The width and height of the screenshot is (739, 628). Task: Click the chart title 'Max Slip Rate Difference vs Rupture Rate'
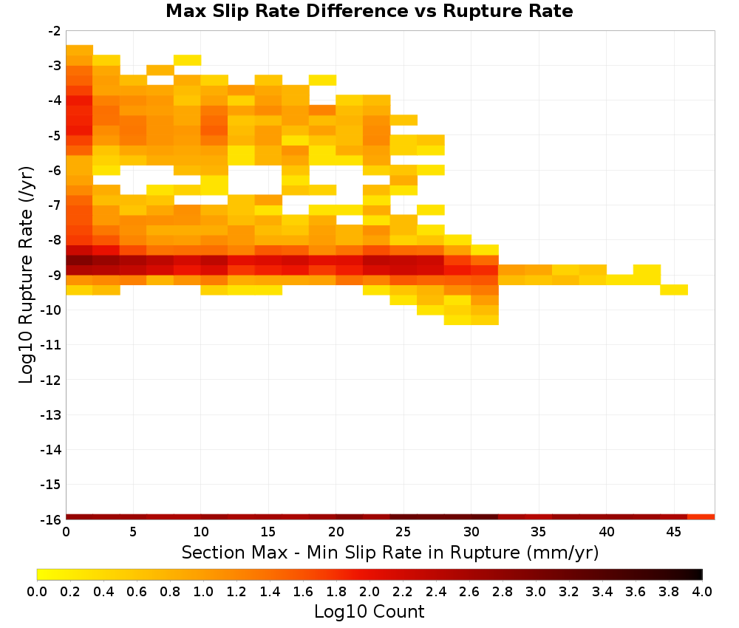click(x=369, y=11)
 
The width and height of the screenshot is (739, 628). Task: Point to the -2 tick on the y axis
click(x=55, y=31)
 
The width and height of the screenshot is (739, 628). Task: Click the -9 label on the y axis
click(x=55, y=275)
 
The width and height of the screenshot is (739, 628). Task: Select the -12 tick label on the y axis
click(x=51, y=380)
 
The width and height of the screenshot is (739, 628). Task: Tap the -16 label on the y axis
click(x=51, y=519)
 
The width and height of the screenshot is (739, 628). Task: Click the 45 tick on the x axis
click(x=674, y=532)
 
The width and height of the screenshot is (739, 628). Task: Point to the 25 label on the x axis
click(x=403, y=532)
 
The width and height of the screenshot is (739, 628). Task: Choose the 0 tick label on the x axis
click(x=66, y=532)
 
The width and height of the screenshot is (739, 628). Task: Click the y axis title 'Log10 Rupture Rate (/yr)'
click(x=27, y=275)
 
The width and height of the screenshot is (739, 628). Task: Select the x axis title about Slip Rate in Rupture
click(x=390, y=553)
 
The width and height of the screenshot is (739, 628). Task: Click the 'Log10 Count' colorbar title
click(x=369, y=612)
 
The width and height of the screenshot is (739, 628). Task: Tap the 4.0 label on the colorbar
click(x=702, y=591)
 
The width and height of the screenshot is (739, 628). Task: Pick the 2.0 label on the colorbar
click(x=369, y=591)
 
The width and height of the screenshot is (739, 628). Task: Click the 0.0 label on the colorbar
click(x=37, y=591)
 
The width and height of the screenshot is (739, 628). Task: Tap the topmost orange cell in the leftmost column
click(x=79, y=50)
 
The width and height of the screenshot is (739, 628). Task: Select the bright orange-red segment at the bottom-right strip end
click(x=701, y=517)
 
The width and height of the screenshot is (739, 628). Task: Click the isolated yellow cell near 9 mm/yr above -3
click(x=188, y=60)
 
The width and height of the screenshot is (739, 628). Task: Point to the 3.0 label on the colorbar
click(x=535, y=591)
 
